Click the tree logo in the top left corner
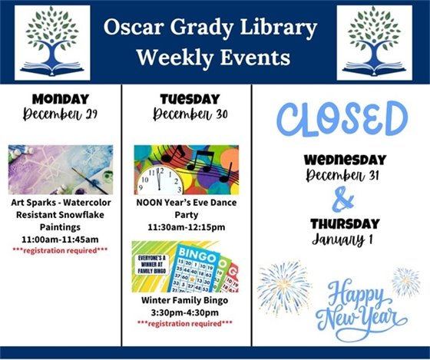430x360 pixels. click(51, 43)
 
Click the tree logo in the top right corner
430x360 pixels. click(374, 43)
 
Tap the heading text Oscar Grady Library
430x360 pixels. click(211, 29)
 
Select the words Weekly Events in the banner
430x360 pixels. click(213, 57)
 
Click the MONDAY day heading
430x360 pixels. click(61, 98)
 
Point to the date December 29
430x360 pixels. click(61, 114)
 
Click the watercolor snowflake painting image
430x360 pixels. click(61, 170)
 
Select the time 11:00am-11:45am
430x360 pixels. click(61, 239)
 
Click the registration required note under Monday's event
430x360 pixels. click(61, 251)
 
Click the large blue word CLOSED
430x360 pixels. click(342, 119)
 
